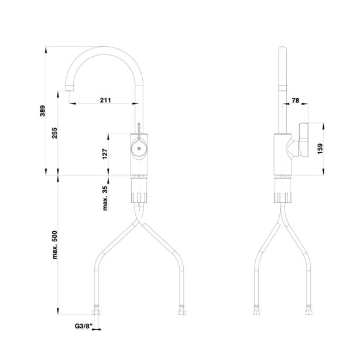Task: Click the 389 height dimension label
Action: tap(43, 111)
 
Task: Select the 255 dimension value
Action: tap(54, 133)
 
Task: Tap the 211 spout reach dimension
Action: tap(105, 100)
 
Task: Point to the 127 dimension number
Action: tap(105, 154)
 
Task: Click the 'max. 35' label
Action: tap(105, 198)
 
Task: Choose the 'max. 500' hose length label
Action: tap(54, 245)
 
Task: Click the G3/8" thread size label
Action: tap(84, 326)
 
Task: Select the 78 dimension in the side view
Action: tap(296, 100)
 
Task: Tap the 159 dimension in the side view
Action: tap(320, 149)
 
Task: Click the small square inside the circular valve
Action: tap(139, 149)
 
